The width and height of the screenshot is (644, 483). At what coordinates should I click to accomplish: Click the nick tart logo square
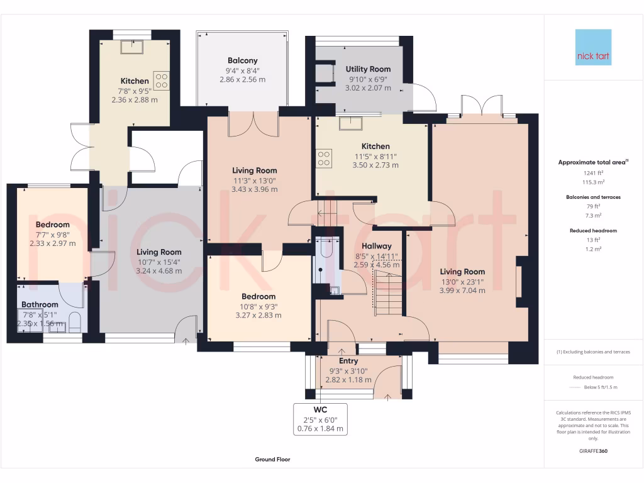click(x=593, y=47)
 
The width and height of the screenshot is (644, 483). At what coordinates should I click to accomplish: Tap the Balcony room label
click(x=242, y=61)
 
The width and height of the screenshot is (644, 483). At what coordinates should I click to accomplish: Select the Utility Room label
click(x=368, y=69)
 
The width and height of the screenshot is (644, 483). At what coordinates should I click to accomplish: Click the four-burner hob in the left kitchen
click(x=162, y=81)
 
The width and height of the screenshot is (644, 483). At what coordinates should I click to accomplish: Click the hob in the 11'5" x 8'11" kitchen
click(x=325, y=158)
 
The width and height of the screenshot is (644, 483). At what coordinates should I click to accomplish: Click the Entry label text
click(x=348, y=361)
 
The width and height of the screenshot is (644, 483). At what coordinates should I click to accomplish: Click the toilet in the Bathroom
click(x=74, y=322)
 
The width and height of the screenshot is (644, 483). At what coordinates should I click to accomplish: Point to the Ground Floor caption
click(x=272, y=460)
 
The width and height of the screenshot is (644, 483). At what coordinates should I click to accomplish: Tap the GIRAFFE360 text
click(x=593, y=451)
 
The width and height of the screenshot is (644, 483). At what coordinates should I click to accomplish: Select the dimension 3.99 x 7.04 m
click(x=462, y=291)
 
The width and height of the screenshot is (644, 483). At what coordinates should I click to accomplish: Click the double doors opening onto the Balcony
click(x=253, y=125)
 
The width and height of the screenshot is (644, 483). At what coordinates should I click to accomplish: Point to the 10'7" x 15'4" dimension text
click(x=159, y=262)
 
